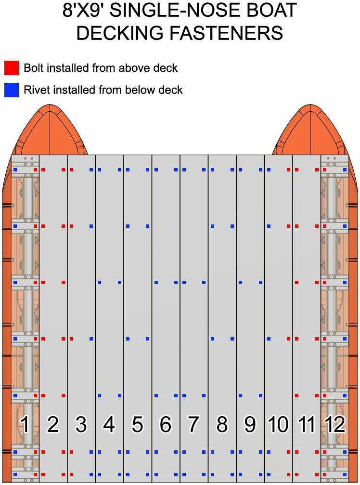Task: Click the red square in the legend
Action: click(12, 68)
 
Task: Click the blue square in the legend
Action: click(12, 90)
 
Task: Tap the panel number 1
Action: click(25, 424)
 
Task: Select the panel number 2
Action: click(53, 424)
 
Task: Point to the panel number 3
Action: click(81, 424)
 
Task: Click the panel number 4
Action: click(109, 424)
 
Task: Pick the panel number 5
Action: click(138, 424)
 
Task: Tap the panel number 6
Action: click(166, 424)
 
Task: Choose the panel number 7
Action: click(194, 424)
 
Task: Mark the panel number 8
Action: click(222, 424)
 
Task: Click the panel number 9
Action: click(250, 424)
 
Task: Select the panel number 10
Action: click(278, 424)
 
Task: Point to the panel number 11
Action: click(307, 424)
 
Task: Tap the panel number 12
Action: click(334, 424)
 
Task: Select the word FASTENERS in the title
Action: click(226, 33)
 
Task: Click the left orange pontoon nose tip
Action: click(50, 105)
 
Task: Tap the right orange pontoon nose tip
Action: click(310, 105)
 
